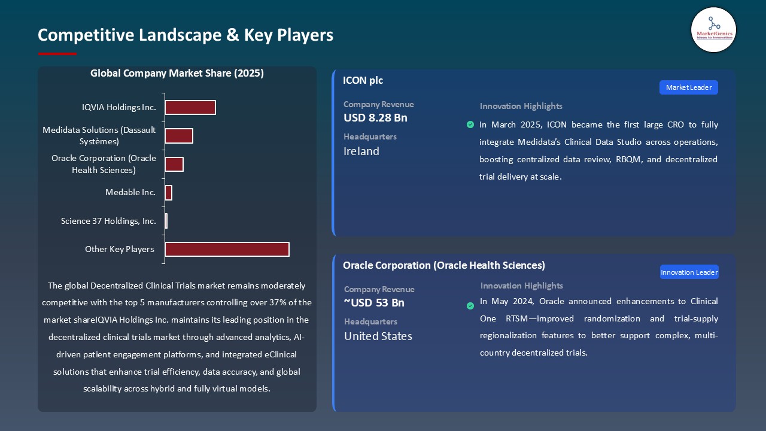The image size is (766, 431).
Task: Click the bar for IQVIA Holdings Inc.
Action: tap(190, 108)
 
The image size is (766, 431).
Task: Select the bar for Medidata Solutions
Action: tap(179, 136)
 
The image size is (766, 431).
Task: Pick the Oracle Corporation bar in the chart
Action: tap(174, 165)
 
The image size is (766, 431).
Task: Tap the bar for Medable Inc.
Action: tap(169, 193)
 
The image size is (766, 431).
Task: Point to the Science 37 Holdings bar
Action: tap(166, 221)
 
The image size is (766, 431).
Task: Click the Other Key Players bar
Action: tap(227, 249)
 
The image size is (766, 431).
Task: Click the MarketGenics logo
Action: tap(713, 29)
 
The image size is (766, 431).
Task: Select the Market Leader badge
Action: tap(688, 87)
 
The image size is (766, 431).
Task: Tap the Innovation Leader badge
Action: tap(689, 272)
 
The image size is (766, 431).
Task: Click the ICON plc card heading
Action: tap(363, 80)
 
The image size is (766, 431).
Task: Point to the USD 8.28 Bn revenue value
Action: tap(375, 118)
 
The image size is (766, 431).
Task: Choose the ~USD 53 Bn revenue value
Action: tap(374, 303)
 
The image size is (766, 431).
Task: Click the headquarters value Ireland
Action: tap(361, 151)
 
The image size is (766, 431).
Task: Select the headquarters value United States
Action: tap(378, 336)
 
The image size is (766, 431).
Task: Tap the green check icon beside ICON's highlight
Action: tap(470, 125)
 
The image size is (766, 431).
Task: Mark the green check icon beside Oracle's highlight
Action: tap(470, 306)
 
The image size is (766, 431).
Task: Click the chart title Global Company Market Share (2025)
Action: tap(177, 74)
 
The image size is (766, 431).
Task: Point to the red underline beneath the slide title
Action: tap(57, 54)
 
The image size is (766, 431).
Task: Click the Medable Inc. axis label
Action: tap(130, 193)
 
